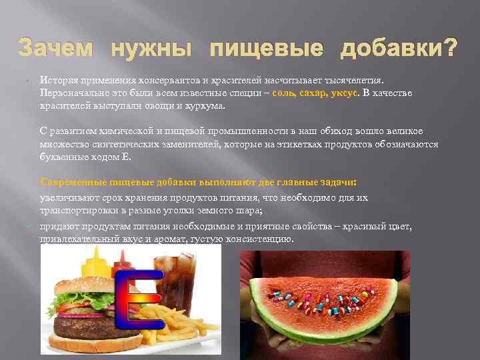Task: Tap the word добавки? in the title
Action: pos(399,47)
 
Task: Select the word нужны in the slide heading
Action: pos(151,47)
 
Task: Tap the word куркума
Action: pos(207,105)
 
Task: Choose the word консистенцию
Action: pos(258,239)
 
